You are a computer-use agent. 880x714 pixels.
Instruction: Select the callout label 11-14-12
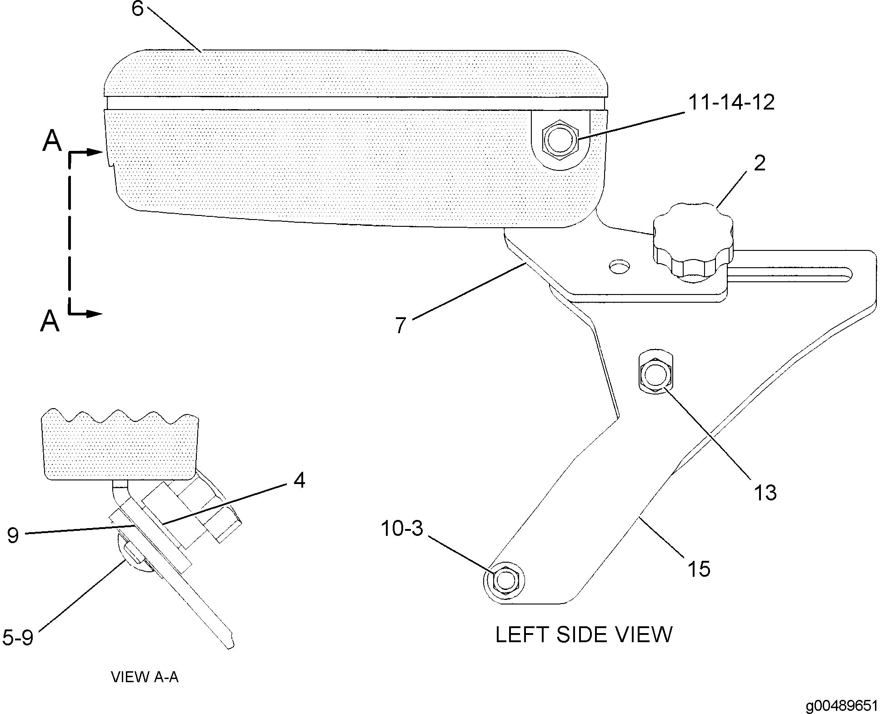tap(731, 102)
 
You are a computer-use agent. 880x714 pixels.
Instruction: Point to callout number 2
tap(760, 164)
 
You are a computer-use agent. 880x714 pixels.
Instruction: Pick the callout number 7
tap(400, 325)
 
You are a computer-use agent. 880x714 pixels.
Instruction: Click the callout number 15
tap(699, 569)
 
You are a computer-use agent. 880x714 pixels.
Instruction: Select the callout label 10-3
tap(401, 529)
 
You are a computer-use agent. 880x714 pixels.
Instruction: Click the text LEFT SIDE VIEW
tap(584, 634)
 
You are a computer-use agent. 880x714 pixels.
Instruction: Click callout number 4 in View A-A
tap(299, 480)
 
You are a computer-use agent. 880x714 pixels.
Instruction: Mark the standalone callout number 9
tap(13, 535)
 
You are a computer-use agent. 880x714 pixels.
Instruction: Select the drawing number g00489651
tap(840, 705)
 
